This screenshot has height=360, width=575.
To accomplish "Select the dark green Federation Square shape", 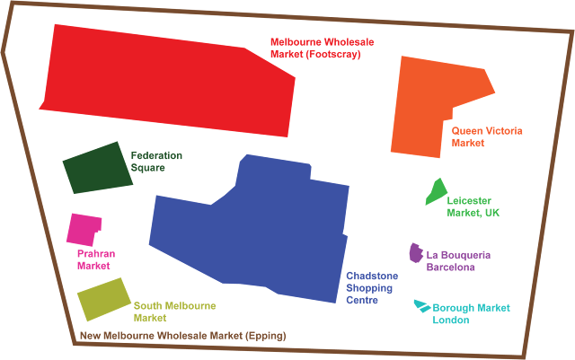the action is pyautogui.click(x=94, y=169).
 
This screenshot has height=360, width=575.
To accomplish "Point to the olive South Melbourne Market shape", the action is pyautogui.click(x=103, y=299).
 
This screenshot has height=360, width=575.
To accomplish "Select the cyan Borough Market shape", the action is pyautogui.click(x=421, y=306).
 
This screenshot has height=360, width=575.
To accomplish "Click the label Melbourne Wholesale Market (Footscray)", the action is pyautogui.click(x=322, y=48).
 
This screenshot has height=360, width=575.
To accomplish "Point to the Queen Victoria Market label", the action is pyautogui.click(x=487, y=136).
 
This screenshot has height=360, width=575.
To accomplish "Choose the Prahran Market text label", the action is pyautogui.click(x=94, y=259).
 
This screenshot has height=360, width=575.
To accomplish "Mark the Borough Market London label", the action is pyautogui.click(x=471, y=313).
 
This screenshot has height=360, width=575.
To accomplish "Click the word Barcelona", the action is pyautogui.click(x=451, y=267).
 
